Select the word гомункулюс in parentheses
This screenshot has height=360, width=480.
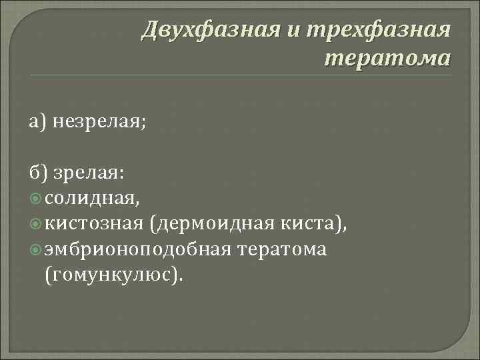[x=111, y=274]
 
